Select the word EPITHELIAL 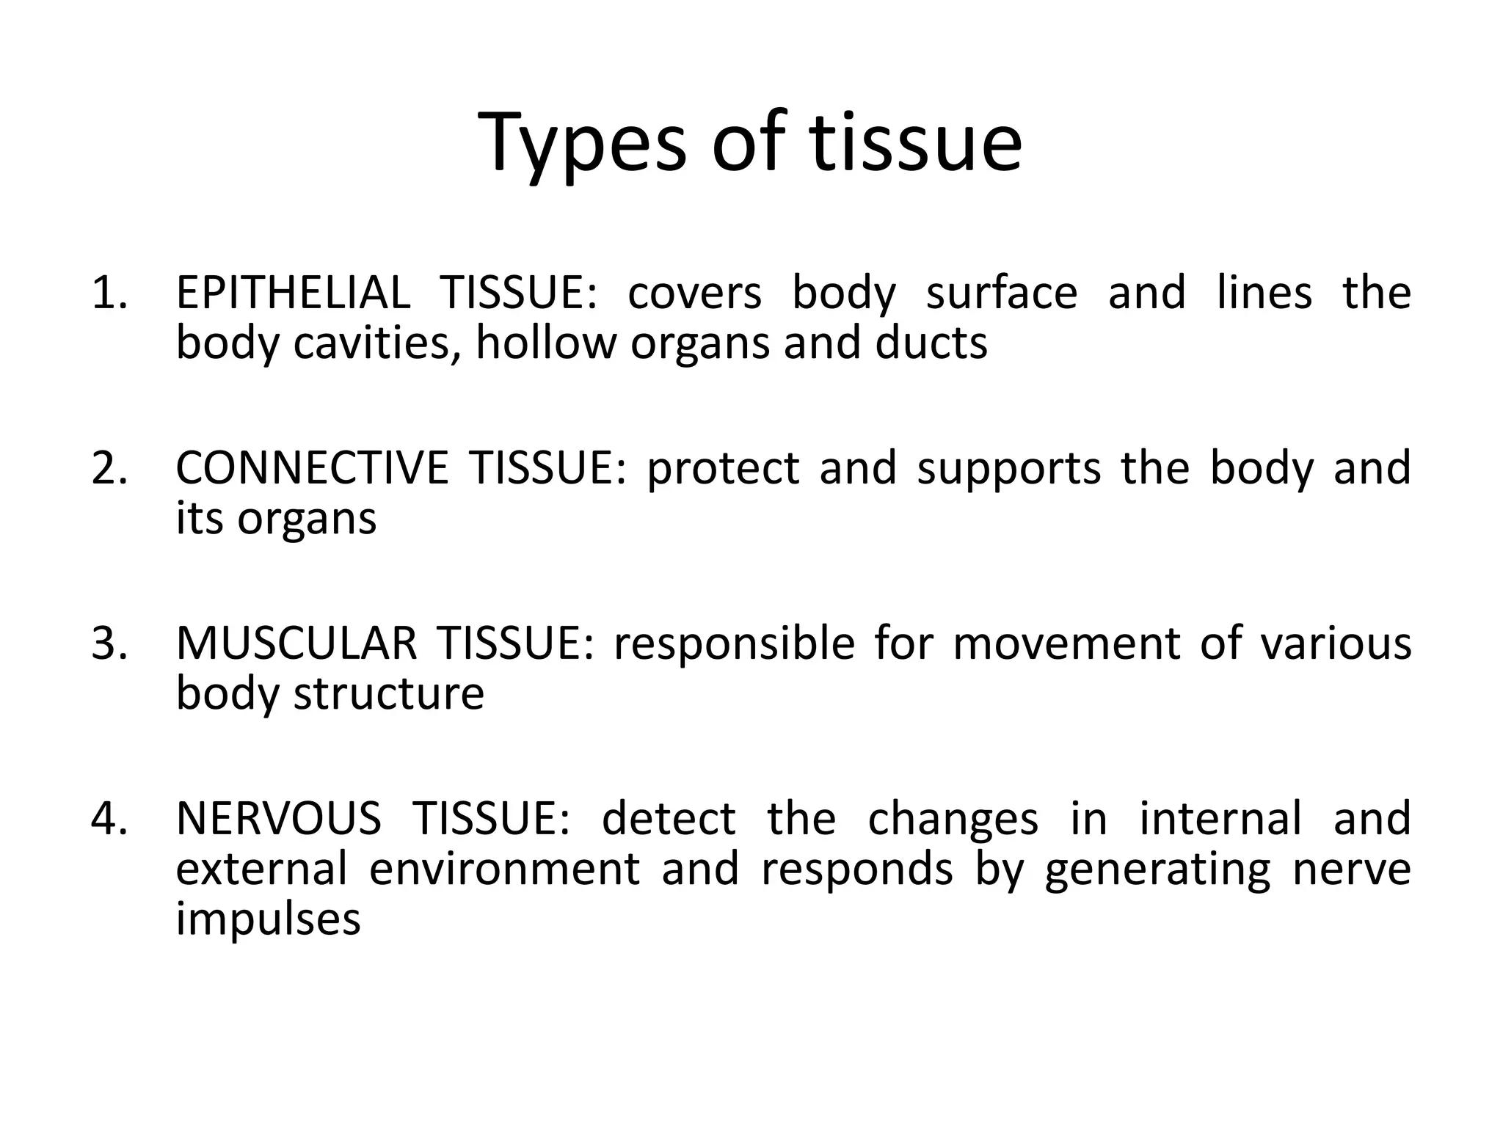293,293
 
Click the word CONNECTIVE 311,468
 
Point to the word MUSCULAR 296,643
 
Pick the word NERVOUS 278,819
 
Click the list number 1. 109,293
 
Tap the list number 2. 109,468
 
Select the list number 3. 109,643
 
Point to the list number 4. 109,819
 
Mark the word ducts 931,343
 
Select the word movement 1067,643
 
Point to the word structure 389,693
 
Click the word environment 505,869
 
